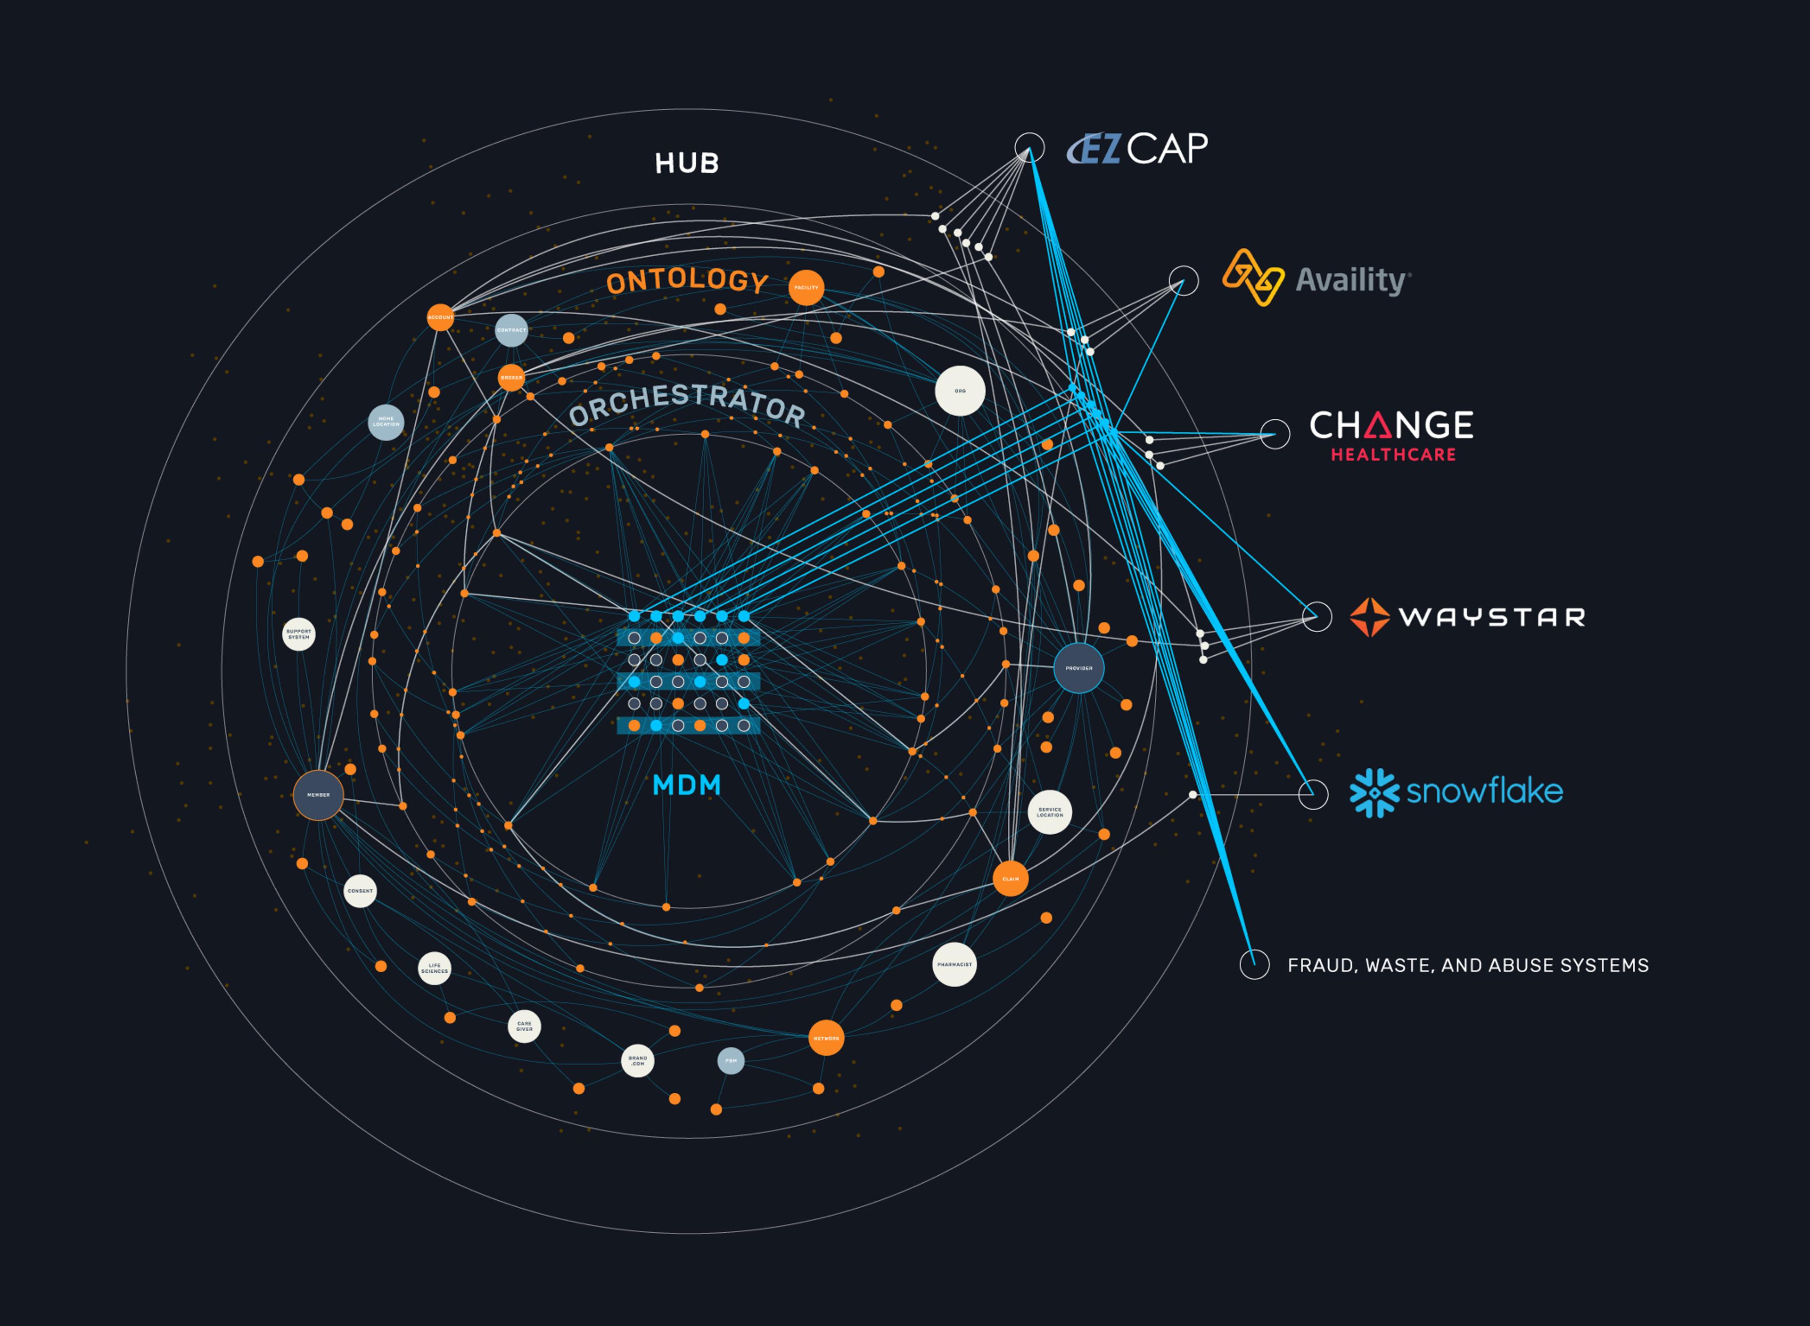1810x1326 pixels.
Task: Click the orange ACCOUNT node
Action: coord(440,317)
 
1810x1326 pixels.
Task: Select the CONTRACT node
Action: coord(511,330)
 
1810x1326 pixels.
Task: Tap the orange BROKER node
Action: coord(511,377)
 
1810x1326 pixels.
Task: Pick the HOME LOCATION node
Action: coord(386,422)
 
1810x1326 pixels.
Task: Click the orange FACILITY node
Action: coord(806,287)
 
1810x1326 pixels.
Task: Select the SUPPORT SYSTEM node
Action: coord(299,634)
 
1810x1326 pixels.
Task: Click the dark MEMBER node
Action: coord(319,795)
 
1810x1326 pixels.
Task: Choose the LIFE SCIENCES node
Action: coord(435,968)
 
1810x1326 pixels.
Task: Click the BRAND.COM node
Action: coord(638,1061)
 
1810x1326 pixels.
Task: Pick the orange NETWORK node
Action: coord(826,1038)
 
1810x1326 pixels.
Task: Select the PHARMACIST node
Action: coord(955,964)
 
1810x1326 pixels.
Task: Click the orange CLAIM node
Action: coord(1010,879)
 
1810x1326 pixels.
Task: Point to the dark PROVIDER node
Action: coord(1078,668)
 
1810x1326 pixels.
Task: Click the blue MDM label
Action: coord(687,785)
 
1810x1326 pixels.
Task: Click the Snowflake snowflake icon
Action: coord(1374,793)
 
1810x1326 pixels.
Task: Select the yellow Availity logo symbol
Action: coord(1253,278)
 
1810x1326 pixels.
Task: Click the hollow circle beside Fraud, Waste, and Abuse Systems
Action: coord(1254,964)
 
